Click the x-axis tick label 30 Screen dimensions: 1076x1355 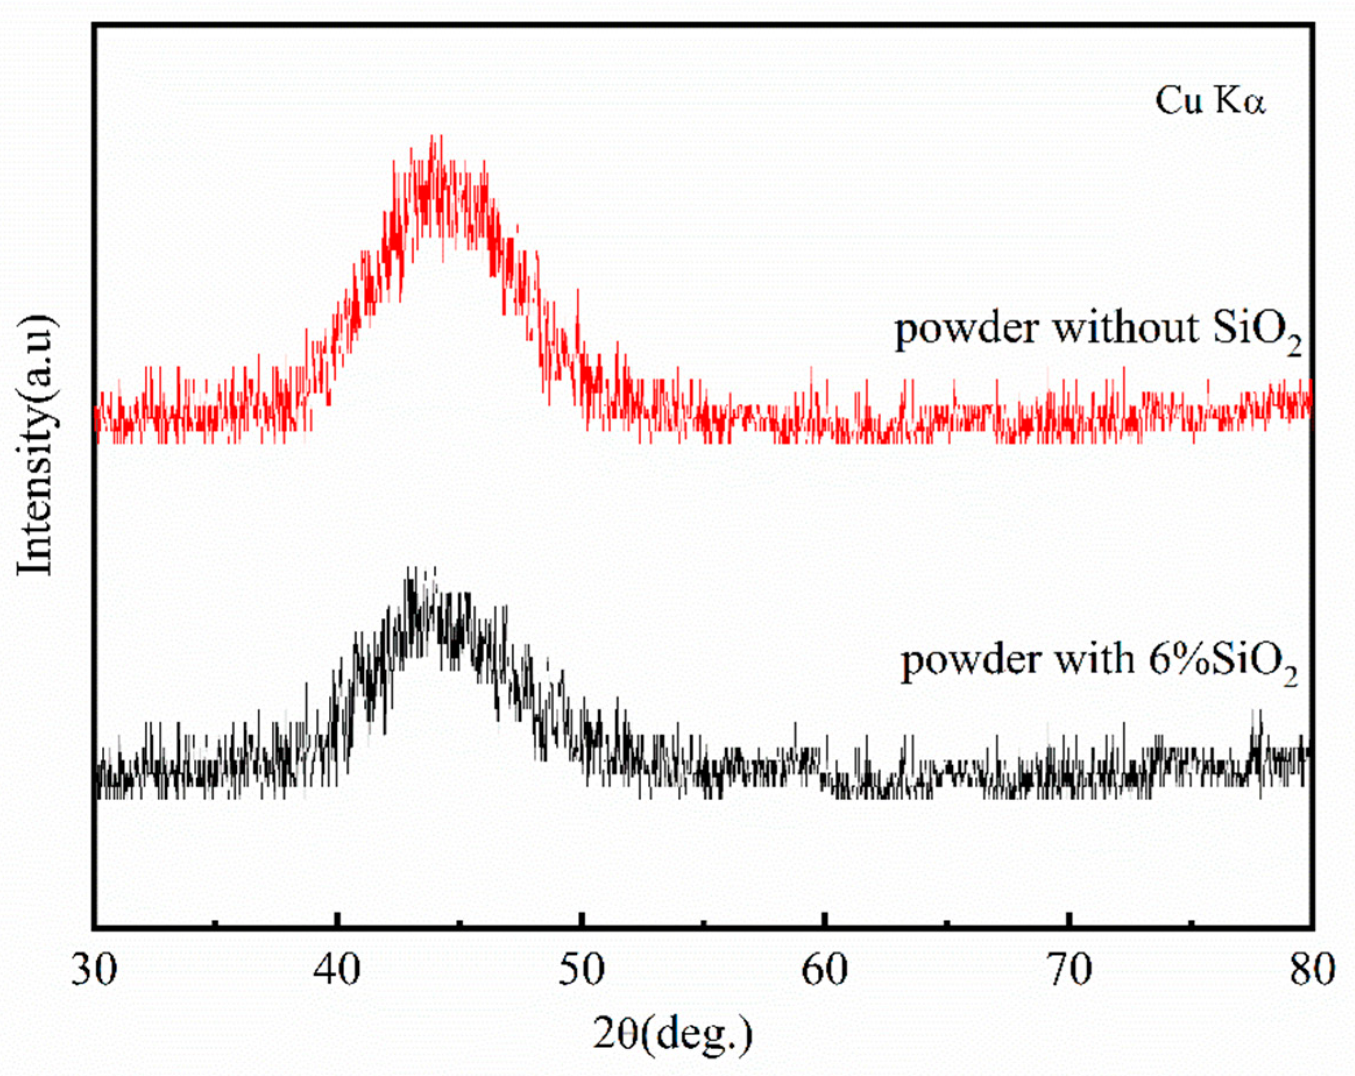[94, 971]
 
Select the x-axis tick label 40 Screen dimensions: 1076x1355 [338, 971]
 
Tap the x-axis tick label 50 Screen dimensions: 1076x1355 [582, 971]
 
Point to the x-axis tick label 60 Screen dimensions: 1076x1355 [825, 971]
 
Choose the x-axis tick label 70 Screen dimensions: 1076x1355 [1069, 971]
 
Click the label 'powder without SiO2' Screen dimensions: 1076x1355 [1097, 331]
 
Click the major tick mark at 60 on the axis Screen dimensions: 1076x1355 [825, 921]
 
